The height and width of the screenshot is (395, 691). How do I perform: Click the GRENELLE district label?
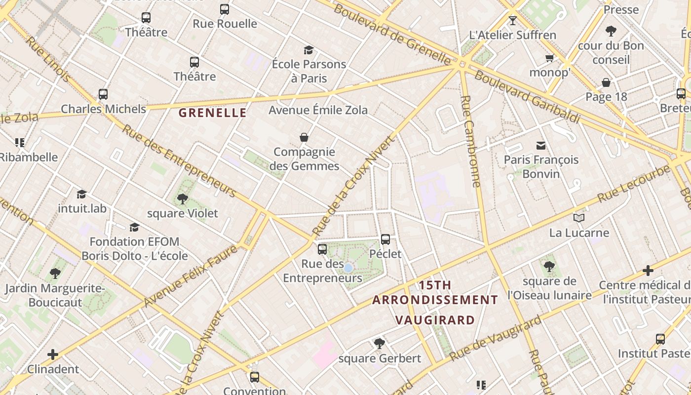(x=212, y=113)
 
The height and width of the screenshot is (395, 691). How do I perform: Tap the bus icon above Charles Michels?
(x=103, y=94)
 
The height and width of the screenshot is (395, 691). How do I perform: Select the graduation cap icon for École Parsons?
(x=308, y=50)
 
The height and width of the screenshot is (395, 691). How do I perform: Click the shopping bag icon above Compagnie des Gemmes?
(x=304, y=137)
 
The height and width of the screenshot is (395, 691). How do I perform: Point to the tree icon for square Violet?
(x=183, y=199)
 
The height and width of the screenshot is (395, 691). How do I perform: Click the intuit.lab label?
(x=82, y=208)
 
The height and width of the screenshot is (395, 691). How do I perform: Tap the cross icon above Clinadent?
(x=53, y=355)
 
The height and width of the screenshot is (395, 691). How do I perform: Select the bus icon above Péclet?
(x=385, y=239)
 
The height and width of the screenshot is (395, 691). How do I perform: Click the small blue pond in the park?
(x=348, y=268)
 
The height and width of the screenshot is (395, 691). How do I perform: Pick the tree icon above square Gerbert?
(x=379, y=343)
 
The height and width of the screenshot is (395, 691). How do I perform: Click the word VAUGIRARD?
(x=435, y=320)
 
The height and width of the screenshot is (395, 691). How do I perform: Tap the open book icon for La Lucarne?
(x=579, y=218)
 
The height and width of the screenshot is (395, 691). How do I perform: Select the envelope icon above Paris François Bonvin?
(x=541, y=145)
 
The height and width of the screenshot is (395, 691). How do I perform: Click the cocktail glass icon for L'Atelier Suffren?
(x=513, y=21)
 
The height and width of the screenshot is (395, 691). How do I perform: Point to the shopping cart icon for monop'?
(x=549, y=58)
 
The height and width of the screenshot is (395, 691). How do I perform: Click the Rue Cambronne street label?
(x=470, y=141)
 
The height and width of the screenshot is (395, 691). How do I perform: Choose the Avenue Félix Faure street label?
(x=191, y=276)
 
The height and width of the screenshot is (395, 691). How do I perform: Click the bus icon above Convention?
(x=255, y=377)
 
